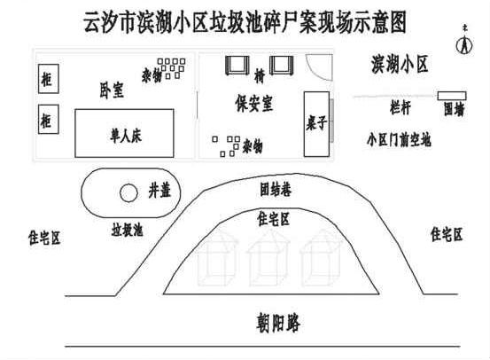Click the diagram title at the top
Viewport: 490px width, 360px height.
pyautogui.click(x=245, y=22)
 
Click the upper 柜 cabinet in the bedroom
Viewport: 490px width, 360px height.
pyautogui.click(x=49, y=79)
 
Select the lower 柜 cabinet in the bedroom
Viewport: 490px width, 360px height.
pyautogui.click(x=49, y=119)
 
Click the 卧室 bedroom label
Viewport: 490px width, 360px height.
pyautogui.click(x=112, y=90)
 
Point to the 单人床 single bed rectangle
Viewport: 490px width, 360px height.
pyautogui.click(x=124, y=133)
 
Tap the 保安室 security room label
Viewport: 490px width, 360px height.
pyautogui.click(x=253, y=103)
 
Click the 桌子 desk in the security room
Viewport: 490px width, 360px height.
pyautogui.click(x=316, y=124)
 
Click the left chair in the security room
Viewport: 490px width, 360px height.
pyautogui.click(x=237, y=66)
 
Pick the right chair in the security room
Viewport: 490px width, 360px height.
pyautogui.click(x=282, y=66)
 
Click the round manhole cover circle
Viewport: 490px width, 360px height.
pyautogui.click(x=128, y=192)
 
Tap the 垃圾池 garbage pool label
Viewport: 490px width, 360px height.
pyautogui.click(x=128, y=231)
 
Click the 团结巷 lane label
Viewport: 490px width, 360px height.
pyautogui.click(x=276, y=190)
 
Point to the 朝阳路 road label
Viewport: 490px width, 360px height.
pyautogui.click(x=278, y=323)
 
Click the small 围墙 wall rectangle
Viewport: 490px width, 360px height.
pyautogui.click(x=452, y=96)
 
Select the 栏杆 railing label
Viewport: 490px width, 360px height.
pyautogui.click(x=401, y=107)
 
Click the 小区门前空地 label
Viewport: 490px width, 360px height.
pyautogui.click(x=399, y=139)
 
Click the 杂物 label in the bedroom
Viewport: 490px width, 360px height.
pyautogui.click(x=152, y=75)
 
